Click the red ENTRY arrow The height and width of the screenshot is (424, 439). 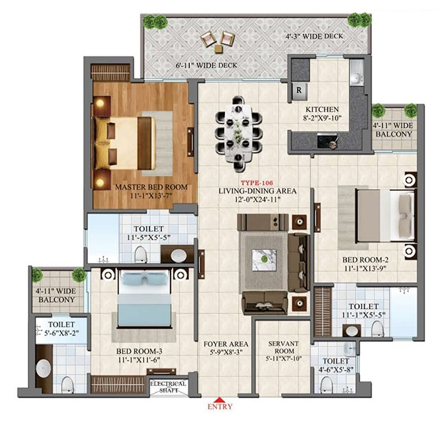[220, 400]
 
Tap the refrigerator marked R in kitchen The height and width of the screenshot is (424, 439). [299, 91]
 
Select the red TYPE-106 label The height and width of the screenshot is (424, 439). [257, 183]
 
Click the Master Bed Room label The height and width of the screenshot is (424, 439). [151, 187]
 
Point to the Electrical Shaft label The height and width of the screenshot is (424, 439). [169, 387]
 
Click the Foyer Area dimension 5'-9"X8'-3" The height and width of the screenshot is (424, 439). [225, 352]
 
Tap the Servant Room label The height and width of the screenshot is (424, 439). [283, 347]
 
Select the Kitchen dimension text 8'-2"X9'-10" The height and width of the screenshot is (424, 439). [322, 118]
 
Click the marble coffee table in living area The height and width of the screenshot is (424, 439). [264, 260]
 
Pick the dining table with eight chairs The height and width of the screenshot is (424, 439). [238, 133]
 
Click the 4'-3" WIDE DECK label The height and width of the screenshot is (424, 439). [314, 36]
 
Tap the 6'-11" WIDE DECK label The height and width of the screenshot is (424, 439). [206, 65]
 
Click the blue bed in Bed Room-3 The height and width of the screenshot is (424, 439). [144, 298]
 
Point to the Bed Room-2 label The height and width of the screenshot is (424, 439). [366, 260]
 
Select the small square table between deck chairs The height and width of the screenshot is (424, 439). [218, 49]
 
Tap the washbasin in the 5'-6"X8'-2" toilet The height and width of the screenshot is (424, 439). [43, 368]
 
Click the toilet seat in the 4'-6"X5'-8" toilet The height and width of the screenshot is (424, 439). [326, 384]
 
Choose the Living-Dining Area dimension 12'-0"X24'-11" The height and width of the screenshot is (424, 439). [258, 199]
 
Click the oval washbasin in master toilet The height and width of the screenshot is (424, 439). [179, 256]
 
